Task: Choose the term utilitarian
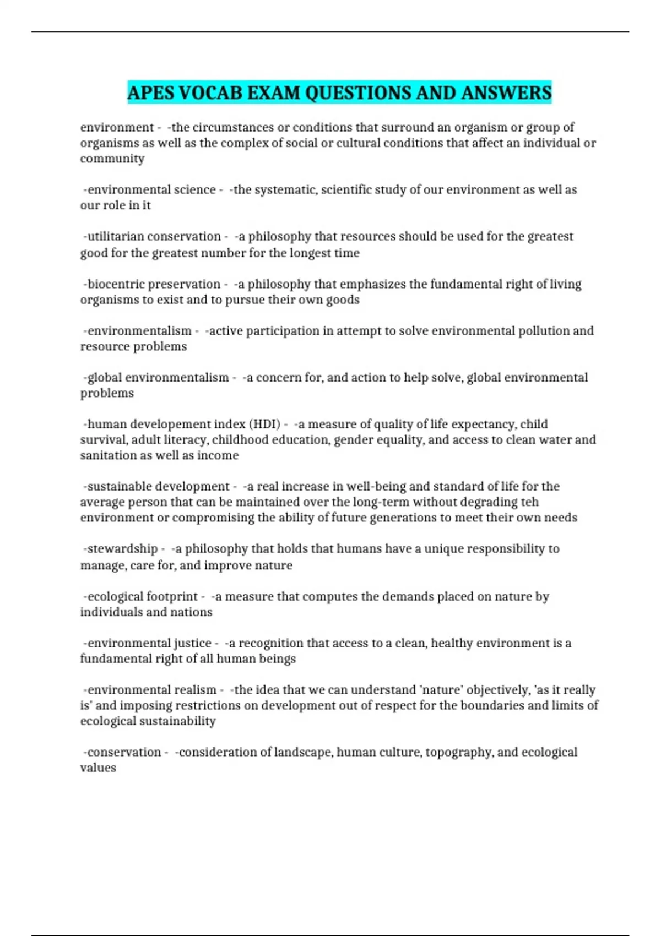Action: pos(116,236)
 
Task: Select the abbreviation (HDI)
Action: pos(265,424)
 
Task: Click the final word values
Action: pos(98,768)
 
